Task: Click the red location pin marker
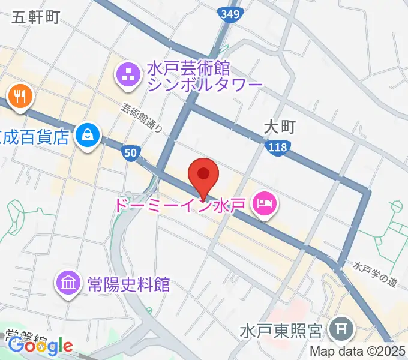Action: click(x=203, y=176)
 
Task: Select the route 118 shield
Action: click(x=279, y=146)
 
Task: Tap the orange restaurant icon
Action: click(x=20, y=96)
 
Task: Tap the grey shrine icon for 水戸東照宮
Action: click(x=342, y=329)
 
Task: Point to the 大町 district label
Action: click(x=280, y=127)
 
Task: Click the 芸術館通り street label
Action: click(x=142, y=118)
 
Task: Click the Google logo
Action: click(x=41, y=346)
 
